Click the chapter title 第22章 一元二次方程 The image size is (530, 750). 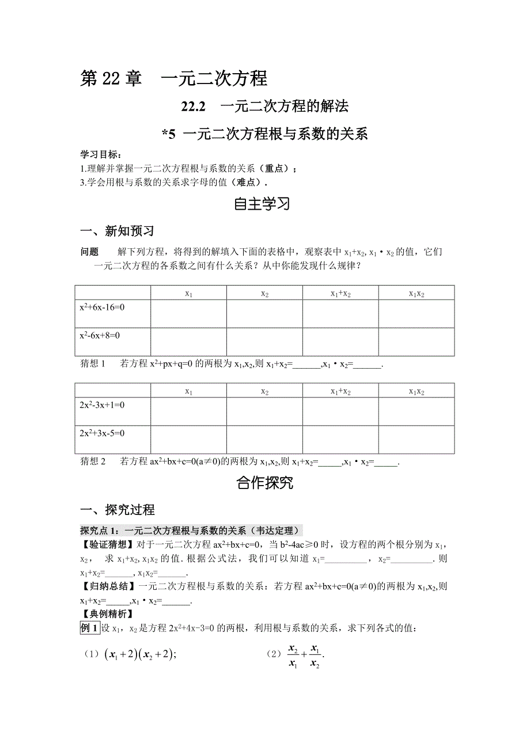[x=173, y=78]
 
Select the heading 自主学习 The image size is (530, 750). [x=264, y=204]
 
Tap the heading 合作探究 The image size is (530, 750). [x=264, y=483]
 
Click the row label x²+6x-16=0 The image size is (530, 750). [x=103, y=308]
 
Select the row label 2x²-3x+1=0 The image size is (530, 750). [x=103, y=406]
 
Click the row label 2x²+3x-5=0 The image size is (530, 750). [x=103, y=433]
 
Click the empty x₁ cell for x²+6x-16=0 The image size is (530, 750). [x=188, y=313]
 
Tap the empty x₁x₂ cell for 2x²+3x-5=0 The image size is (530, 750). [x=417, y=439]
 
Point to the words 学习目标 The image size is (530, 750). [x=100, y=155]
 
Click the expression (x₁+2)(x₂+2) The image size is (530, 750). [x=139, y=655]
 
